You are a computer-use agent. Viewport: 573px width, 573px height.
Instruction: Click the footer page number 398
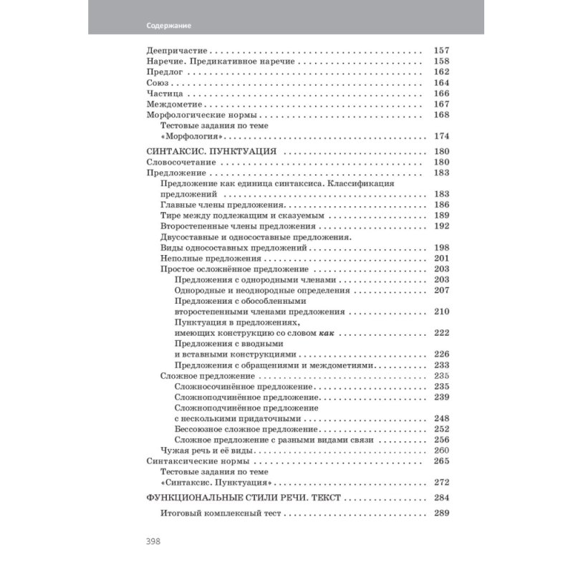pos(152,541)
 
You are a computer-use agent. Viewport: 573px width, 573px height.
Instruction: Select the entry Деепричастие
pos(176,51)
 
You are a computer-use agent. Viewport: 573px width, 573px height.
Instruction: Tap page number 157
pos(441,51)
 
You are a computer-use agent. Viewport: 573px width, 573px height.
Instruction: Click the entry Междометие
pos(173,104)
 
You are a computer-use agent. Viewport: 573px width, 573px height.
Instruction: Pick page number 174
pos(441,136)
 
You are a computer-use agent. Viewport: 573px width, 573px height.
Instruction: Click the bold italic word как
pos(327,333)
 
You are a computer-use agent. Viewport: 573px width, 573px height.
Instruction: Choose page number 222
pos(441,333)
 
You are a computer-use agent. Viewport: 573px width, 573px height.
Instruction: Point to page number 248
pos(441,418)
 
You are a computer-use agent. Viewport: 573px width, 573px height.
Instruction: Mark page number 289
pos(441,514)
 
